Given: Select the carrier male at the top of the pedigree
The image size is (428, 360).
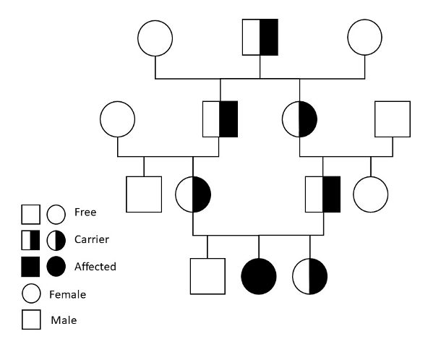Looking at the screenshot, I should pyautogui.click(x=260, y=37).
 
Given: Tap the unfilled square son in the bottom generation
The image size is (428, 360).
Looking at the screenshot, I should pyautogui.click(x=207, y=277).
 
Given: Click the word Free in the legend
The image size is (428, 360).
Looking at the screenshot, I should pyautogui.click(x=85, y=213).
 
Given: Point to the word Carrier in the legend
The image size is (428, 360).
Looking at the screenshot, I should pyautogui.click(x=90, y=239).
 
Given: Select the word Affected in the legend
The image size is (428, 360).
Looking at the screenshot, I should pyautogui.click(x=95, y=266).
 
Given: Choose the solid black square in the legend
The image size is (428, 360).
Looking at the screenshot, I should pyautogui.click(x=30, y=267).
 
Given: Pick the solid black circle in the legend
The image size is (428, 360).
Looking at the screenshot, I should pyautogui.click(x=56, y=267).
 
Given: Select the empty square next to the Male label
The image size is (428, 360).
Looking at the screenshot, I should pyautogui.click(x=30, y=320).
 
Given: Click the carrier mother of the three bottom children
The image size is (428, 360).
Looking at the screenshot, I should pyautogui.click(x=193, y=194).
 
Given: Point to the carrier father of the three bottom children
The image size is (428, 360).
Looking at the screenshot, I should pyautogui.click(x=322, y=194).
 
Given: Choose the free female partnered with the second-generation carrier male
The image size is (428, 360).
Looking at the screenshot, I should pyautogui.click(x=118, y=119).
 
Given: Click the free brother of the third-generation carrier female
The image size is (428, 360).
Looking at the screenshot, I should pyautogui.click(x=144, y=194).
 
